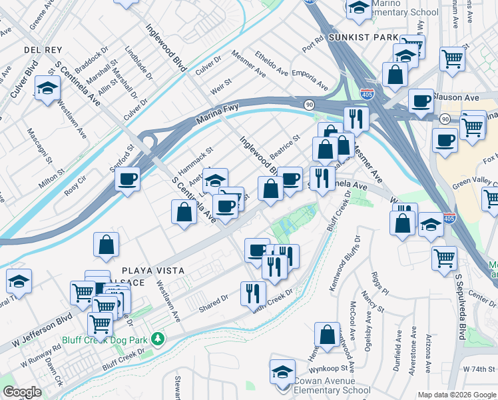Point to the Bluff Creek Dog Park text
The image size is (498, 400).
109,339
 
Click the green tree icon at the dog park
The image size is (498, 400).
158,339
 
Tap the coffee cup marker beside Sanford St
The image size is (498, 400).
127,179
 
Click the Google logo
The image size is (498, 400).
22,392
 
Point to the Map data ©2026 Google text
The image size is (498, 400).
457,395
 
